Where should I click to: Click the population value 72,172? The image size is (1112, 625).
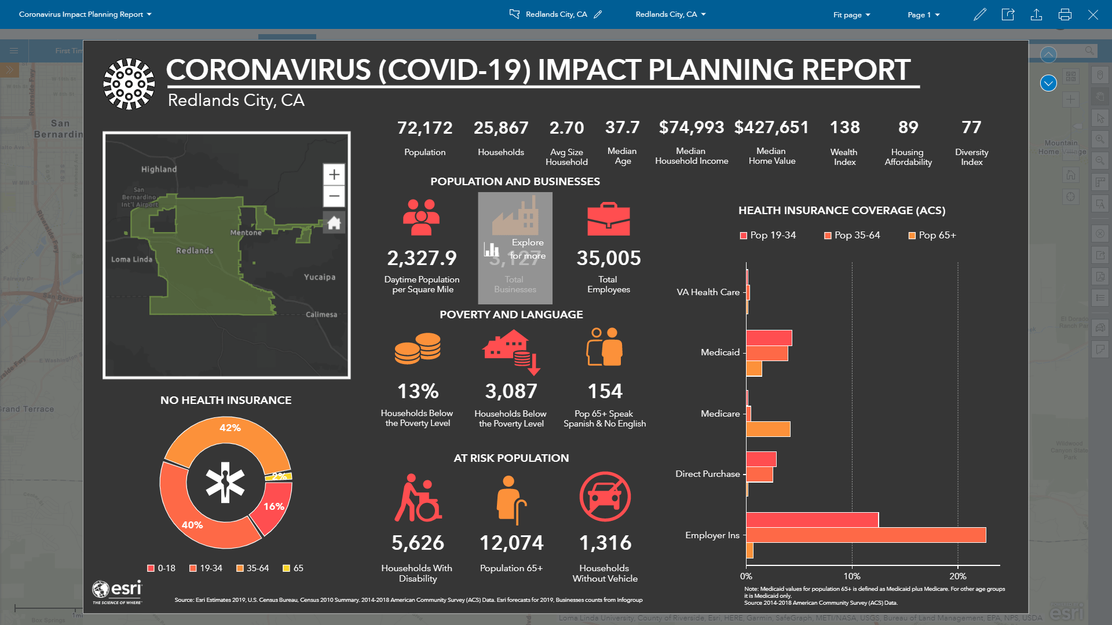(x=425, y=128)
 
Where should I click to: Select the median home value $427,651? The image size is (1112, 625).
(x=771, y=127)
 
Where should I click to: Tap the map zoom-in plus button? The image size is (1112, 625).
(x=334, y=175)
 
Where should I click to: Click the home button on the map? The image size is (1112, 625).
(x=334, y=223)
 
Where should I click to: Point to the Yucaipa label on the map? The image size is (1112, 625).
(x=319, y=277)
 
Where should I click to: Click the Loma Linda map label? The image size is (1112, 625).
(x=131, y=259)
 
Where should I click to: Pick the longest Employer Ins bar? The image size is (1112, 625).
(x=865, y=535)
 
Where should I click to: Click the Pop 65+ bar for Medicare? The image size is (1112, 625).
(x=768, y=429)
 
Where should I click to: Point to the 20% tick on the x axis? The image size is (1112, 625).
(x=957, y=576)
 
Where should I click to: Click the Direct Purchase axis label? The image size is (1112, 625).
(x=707, y=474)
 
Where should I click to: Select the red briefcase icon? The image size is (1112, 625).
(x=608, y=219)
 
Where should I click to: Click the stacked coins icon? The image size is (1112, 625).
(x=417, y=348)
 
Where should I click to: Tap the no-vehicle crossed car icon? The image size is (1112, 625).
(x=605, y=497)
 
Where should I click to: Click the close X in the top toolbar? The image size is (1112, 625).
(x=1093, y=14)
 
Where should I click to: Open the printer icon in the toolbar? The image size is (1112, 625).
(x=1065, y=14)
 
